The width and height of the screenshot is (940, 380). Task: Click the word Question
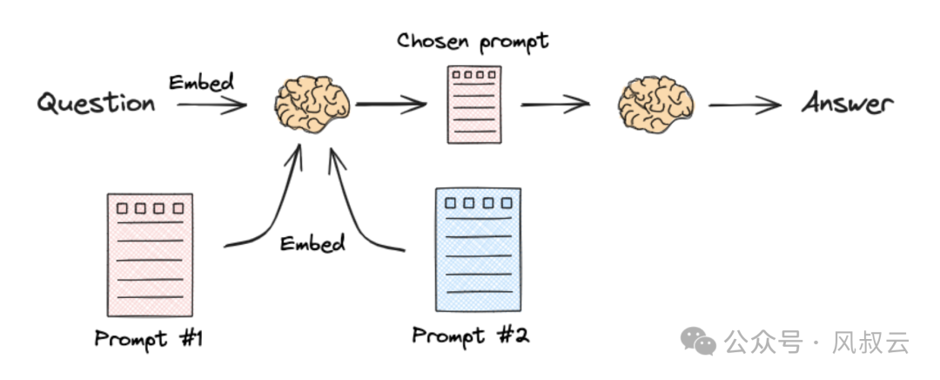click(96, 105)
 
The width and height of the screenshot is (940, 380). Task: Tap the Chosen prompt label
click(473, 40)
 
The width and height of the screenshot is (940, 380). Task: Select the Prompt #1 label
click(149, 338)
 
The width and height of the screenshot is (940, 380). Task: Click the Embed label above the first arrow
click(202, 83)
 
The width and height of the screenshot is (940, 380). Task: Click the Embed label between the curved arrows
click(312, 242)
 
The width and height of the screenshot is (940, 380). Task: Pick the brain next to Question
click(312, 105)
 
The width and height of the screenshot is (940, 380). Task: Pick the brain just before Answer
click(654, 105)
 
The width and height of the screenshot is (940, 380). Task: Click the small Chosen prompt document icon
click(471, 104)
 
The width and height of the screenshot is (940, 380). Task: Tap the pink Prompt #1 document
click(150, 254)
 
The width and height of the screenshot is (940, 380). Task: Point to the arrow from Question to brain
click(211, 106)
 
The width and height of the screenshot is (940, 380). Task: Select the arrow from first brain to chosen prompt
click(391, 105)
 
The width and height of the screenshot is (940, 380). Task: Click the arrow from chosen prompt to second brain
click(556, 105)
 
